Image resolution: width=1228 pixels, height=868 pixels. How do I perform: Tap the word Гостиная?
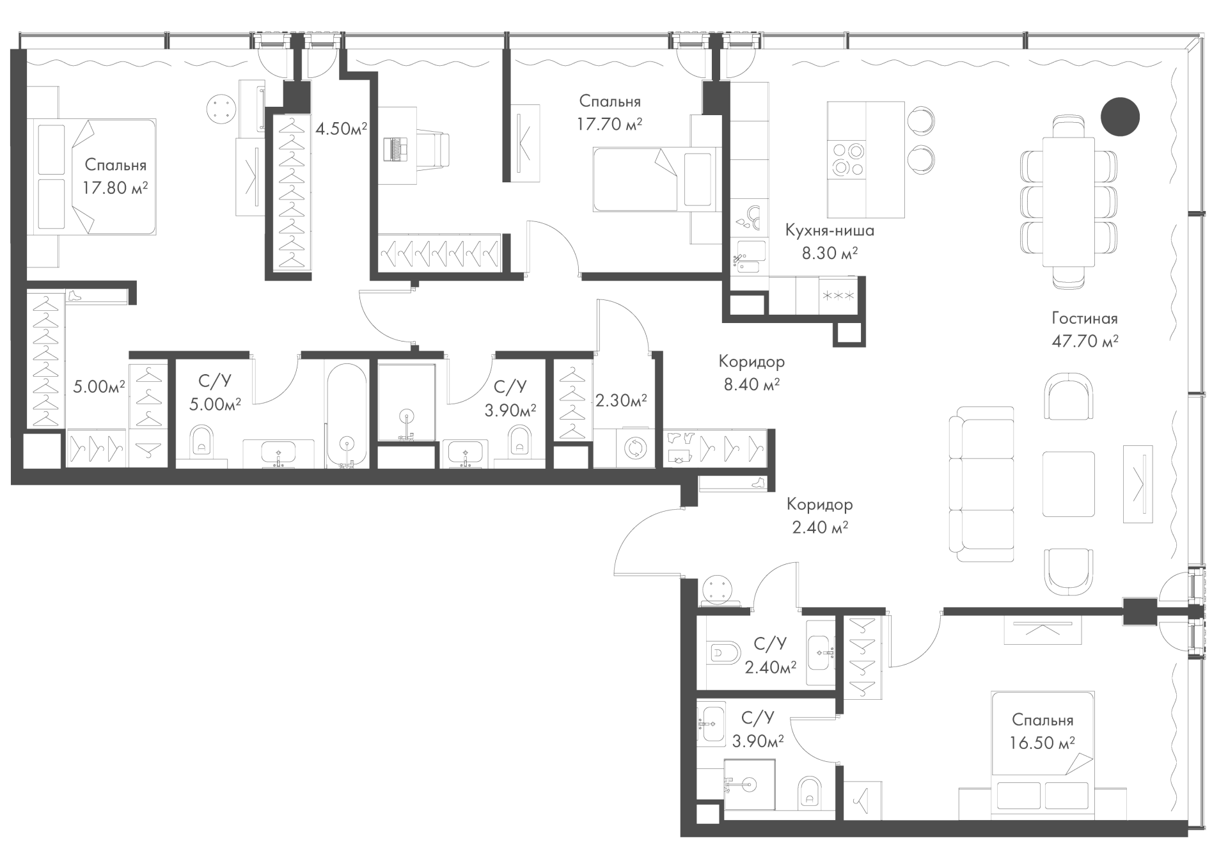[1085, 319]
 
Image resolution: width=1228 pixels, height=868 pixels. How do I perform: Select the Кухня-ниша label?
[830, 230]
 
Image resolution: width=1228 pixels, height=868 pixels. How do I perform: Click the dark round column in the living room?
[1120, 116]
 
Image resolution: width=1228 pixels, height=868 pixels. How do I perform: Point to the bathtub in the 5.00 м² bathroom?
[347, 415]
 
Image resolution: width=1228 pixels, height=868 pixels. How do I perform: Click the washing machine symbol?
[634, 448]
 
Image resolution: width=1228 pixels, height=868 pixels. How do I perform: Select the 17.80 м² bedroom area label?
[115, 188]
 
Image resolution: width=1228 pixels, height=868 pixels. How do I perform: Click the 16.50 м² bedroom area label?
[1043, 743]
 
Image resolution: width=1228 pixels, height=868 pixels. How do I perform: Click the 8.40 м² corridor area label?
[752, 384]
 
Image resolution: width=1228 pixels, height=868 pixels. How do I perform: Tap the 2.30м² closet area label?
[621, 401]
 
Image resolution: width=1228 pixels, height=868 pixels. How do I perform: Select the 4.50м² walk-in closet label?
[341, 129]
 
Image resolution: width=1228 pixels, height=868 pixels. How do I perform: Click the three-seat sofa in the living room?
[982, 484]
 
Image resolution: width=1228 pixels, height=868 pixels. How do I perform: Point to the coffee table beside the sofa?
[1068, 484]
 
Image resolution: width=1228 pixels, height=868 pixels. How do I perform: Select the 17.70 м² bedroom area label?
[610, 124]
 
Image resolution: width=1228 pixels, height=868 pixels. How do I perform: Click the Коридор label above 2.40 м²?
[819, 505]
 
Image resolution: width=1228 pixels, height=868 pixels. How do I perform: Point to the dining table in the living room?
[1069, 202]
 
